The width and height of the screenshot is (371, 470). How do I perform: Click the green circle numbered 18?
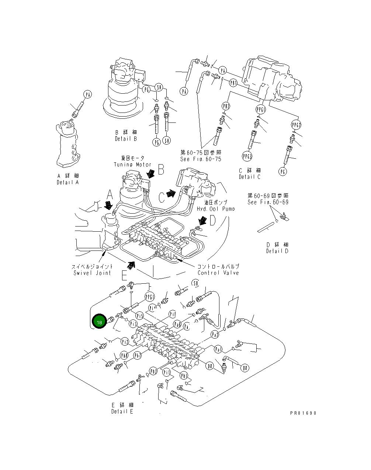coord(98,322)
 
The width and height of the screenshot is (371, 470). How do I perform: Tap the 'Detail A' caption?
coord(67,182)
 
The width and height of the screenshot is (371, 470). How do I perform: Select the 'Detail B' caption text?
coord(125,139)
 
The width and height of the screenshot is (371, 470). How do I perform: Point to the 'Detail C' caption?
coord(249,177)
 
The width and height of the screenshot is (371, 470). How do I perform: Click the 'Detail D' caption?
coord(277,251)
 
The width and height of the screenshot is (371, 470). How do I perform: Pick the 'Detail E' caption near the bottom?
coord(122,411)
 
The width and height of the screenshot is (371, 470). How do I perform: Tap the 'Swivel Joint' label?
coord(92,273)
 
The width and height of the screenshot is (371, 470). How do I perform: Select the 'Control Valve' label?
coord(218,273)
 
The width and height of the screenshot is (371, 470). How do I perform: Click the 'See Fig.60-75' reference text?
coord(201,159)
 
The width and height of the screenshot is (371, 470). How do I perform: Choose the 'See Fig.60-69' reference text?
coord(268,202)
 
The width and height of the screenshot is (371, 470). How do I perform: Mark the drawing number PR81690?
coord(303,413)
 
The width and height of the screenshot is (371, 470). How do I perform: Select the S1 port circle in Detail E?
coord(195,283)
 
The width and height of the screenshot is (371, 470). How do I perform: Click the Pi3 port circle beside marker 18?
coord(133,324)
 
